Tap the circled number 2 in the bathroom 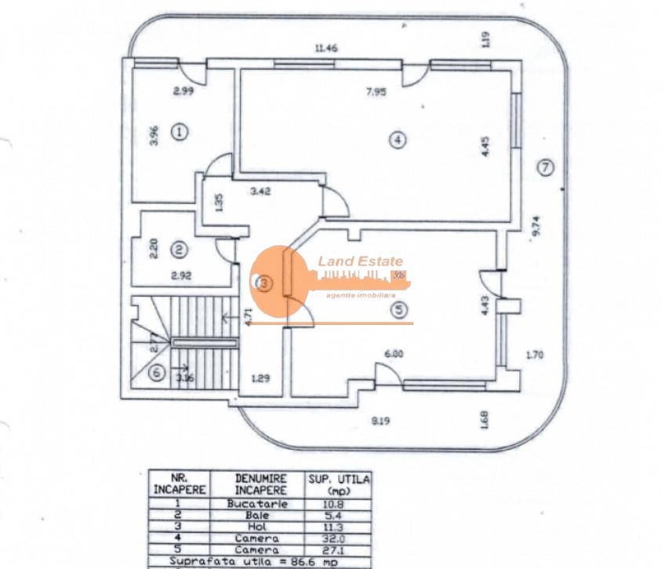[x=180, y=250]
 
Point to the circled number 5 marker [x=401, y=310]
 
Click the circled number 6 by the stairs [x=157, y=373]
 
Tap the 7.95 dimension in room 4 [x=376, y=92]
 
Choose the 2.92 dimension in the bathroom [x=182, y=276]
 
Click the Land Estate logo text [x=360, y=262]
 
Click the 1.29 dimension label [x=260, y=379]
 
